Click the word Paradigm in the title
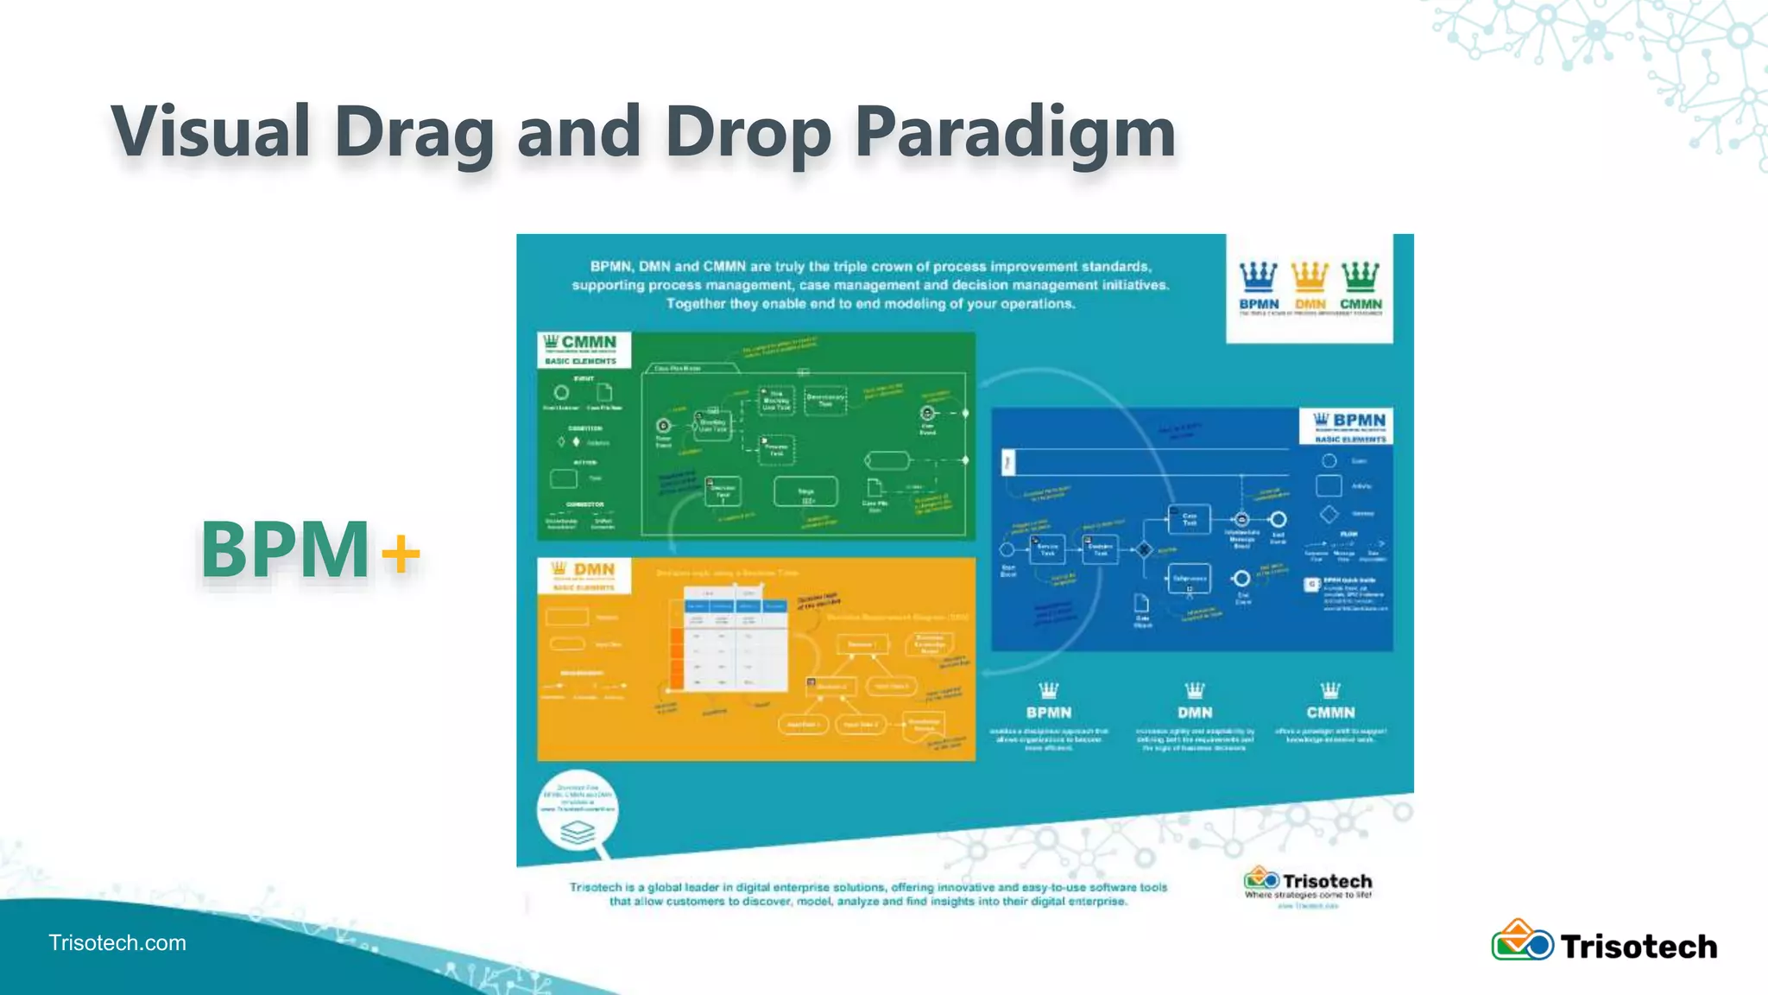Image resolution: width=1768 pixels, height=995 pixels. (x=1014, y=131)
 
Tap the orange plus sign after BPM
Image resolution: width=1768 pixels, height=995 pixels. (x=401, y=553)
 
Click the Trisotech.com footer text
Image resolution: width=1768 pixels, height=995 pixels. (x=117, y=942)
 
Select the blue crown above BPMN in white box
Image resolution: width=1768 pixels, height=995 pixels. (x=1258, y=276)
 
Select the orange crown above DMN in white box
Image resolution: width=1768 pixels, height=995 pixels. (x=1310, y=276)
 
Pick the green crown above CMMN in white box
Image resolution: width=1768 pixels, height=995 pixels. (x=1361, y=276)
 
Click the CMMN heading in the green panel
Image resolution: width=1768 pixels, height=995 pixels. (x=588, y=342)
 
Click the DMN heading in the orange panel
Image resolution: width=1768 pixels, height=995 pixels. (x=593, y=569)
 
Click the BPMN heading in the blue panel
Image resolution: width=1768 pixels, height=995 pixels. (x=1358, y=420)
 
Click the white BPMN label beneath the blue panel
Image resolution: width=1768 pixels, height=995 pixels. (x=1048, y=713)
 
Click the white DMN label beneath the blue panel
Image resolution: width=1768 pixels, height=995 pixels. (x=1195, y=713)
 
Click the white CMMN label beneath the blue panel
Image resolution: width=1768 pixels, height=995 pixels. (x=1330, y=713)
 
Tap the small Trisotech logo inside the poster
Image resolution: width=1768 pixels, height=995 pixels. (x=1261, y=880)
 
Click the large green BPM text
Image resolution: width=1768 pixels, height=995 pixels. (x=285, y=549)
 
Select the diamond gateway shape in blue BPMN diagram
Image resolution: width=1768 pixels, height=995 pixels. (x=1145, y=549)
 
